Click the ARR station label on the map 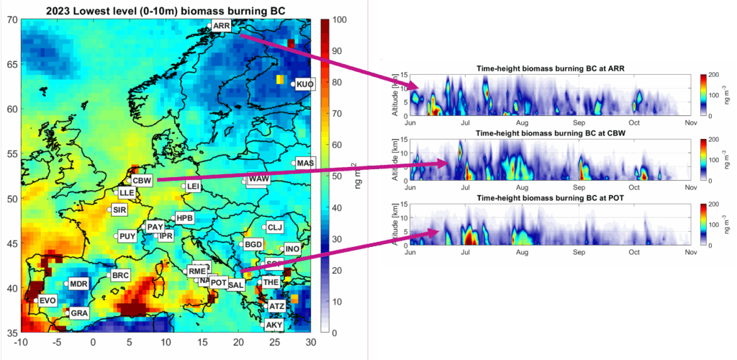coord(222,26)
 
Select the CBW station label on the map coord(142,181)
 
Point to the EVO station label coord(48,301)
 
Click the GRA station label coord(79,313)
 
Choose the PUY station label coord(127,236)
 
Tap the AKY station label coord(274,325)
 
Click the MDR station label coord(78,284)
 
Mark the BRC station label coord(120,276)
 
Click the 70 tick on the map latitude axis coord(11,20)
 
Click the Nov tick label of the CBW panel coord(690,187)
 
